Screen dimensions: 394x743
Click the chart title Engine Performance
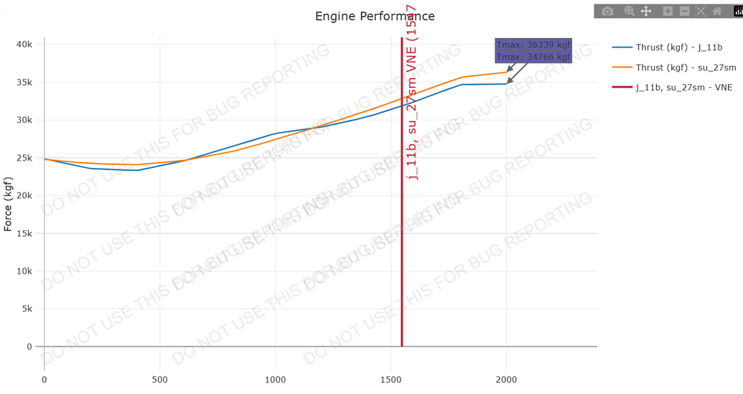(x=374, y=16)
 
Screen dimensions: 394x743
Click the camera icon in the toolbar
(x=608, y=11)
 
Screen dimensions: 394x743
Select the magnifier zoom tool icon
(x=629, y=11)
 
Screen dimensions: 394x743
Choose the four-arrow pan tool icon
(x=646, y=11)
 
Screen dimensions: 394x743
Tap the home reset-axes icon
(x=717, y=11)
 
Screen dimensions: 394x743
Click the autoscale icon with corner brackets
(x=701, y=11)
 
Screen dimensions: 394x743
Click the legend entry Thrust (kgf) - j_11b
(x=678, y=48)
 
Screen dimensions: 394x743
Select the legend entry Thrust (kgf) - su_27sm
(x=684, y=68)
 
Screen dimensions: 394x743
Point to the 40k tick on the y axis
(x=25, y=45)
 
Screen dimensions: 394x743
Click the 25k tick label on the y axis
(x=25, y=158)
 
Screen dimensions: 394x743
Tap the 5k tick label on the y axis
(x=27, y=309)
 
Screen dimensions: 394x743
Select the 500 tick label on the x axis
(x=160, y=379)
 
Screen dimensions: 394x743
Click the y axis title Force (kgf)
(x=8, y=204)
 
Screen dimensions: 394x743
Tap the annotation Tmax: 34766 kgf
(x=533, y=57)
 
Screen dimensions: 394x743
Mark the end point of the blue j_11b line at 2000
(x=506, y=84)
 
